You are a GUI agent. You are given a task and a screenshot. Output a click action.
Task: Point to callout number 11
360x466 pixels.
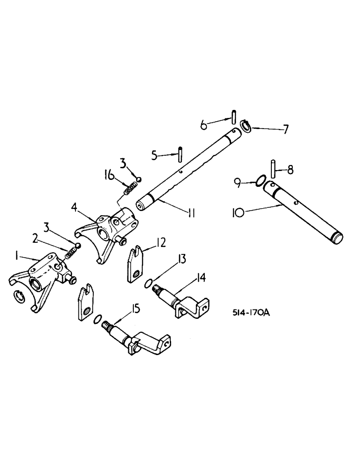click(x=192, y=213)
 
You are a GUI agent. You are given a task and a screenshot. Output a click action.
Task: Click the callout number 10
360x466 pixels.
click(x=237, y=213)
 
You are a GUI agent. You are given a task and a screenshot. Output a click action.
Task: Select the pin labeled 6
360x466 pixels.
click(x=235, y=116)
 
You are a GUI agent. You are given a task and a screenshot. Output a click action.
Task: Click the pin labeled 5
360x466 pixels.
click(x=179, y=152)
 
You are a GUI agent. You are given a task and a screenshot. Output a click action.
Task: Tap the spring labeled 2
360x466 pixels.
click(x=70, y=253)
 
